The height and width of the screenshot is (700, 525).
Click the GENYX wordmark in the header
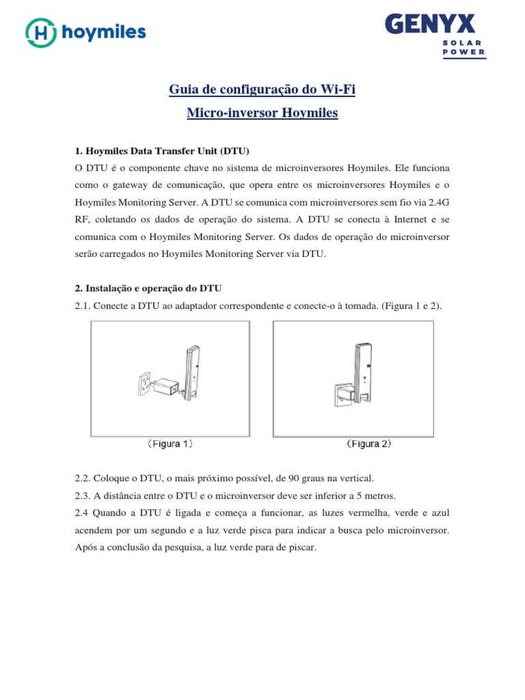(430, 25)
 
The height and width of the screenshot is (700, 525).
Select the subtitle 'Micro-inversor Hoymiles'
(262, 113)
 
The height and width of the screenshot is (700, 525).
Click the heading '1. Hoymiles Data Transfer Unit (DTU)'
(162, 150)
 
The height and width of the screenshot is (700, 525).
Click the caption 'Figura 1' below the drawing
(171, 444)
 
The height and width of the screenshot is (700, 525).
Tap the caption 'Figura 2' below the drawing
(369, 444)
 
